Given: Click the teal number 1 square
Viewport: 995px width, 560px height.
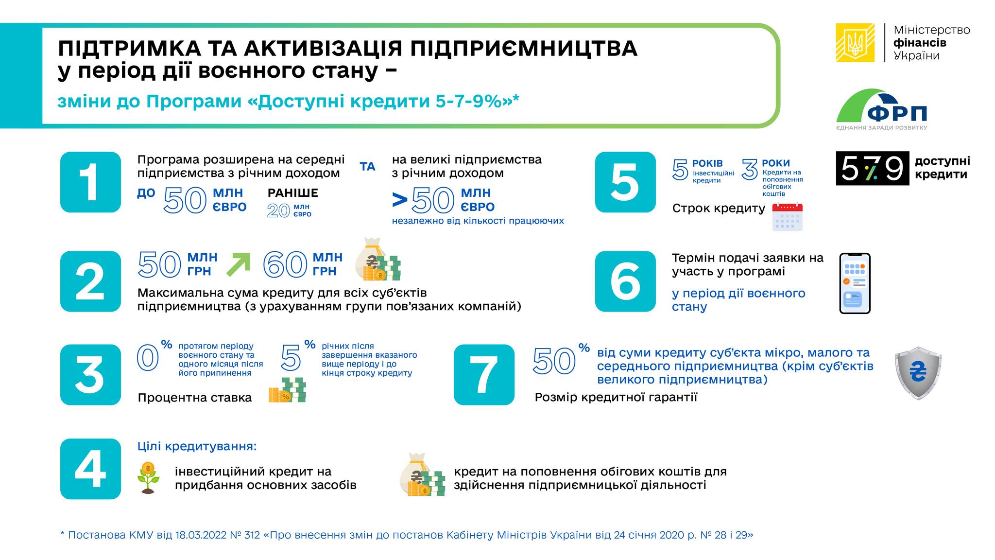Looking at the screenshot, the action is click(x=90, y=182).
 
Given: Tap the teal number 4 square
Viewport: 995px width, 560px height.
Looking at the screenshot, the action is click(x=90, y=469).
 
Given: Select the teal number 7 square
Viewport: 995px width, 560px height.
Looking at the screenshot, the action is click(x=484, y=374).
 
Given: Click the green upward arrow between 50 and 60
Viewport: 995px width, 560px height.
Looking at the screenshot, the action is click(x=239, y=265).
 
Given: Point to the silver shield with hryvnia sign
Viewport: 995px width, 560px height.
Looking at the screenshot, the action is click(x=918, y=373).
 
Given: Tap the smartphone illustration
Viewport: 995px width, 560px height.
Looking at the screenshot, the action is click(x=855, y=283).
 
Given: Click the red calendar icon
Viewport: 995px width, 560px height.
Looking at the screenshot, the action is click(x=787, y=217).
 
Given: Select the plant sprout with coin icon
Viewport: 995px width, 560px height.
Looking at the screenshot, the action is click(x=148, y=478).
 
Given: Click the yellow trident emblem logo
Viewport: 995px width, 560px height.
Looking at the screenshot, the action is click(x=855, y=43).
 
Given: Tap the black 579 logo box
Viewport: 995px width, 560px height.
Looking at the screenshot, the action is click(x=872, y=168).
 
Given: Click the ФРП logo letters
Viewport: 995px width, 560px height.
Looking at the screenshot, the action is click(x=897, y=114).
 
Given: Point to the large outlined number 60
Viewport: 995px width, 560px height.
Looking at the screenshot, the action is click(x=285, y=265).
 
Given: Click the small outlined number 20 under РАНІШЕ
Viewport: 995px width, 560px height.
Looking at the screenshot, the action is click(x=278, y=210).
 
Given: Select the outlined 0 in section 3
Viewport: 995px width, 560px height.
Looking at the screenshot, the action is click(x=148, y=358).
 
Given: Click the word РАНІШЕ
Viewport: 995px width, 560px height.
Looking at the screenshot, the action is click(x=292, y=193).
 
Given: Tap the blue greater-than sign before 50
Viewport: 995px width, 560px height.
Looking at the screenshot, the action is click(x=400, y=199).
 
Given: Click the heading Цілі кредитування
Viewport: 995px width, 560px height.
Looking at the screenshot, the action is click(x=197, y=446).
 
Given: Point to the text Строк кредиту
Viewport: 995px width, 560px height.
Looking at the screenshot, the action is click(x=719, y=209).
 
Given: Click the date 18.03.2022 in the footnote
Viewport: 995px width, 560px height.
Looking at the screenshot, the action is click(x=201, y=535).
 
